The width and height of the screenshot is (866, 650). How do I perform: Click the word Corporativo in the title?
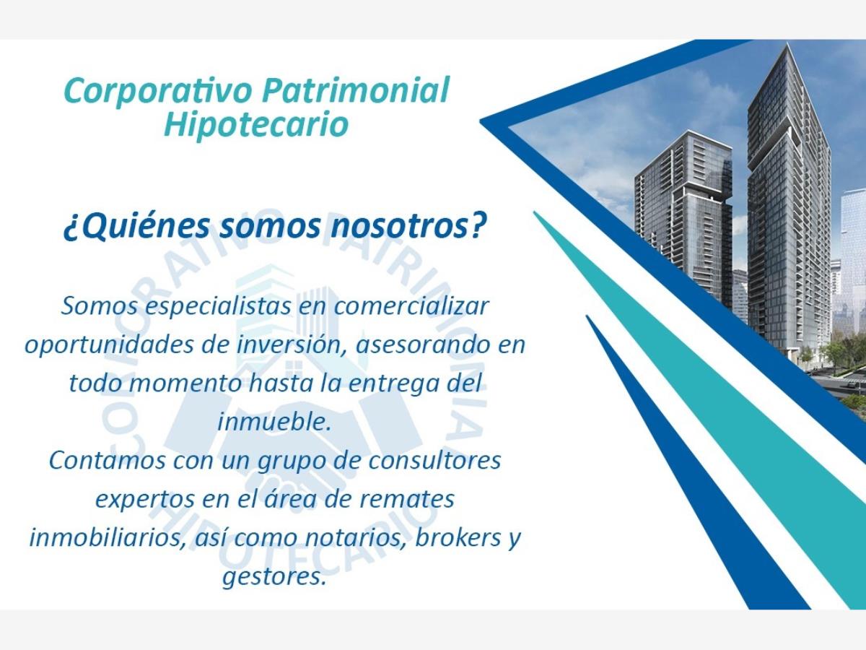point(158,92)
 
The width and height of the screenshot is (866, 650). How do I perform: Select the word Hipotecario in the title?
point(256,124)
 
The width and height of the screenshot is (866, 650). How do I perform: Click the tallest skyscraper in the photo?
point(788,202)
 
